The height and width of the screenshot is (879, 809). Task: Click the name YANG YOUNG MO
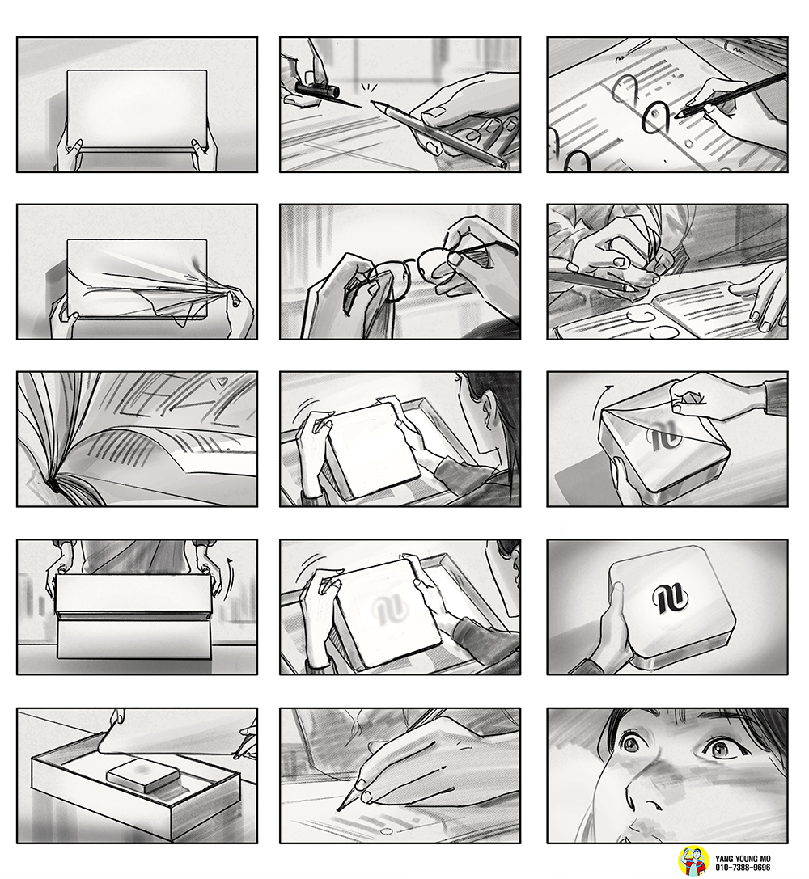click(743, 859)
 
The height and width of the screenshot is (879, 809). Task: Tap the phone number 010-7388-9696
click(743, 867)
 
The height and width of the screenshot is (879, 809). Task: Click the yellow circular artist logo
click(693, 862)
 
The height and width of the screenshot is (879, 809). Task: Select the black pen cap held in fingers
click(316, 90)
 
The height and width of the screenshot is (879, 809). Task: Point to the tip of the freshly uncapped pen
click(373, 103)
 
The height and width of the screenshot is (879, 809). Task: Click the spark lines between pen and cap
click(368, 87)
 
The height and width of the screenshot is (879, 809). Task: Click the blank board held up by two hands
click(137, 108)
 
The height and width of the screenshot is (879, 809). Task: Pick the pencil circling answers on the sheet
click(731, 95)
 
